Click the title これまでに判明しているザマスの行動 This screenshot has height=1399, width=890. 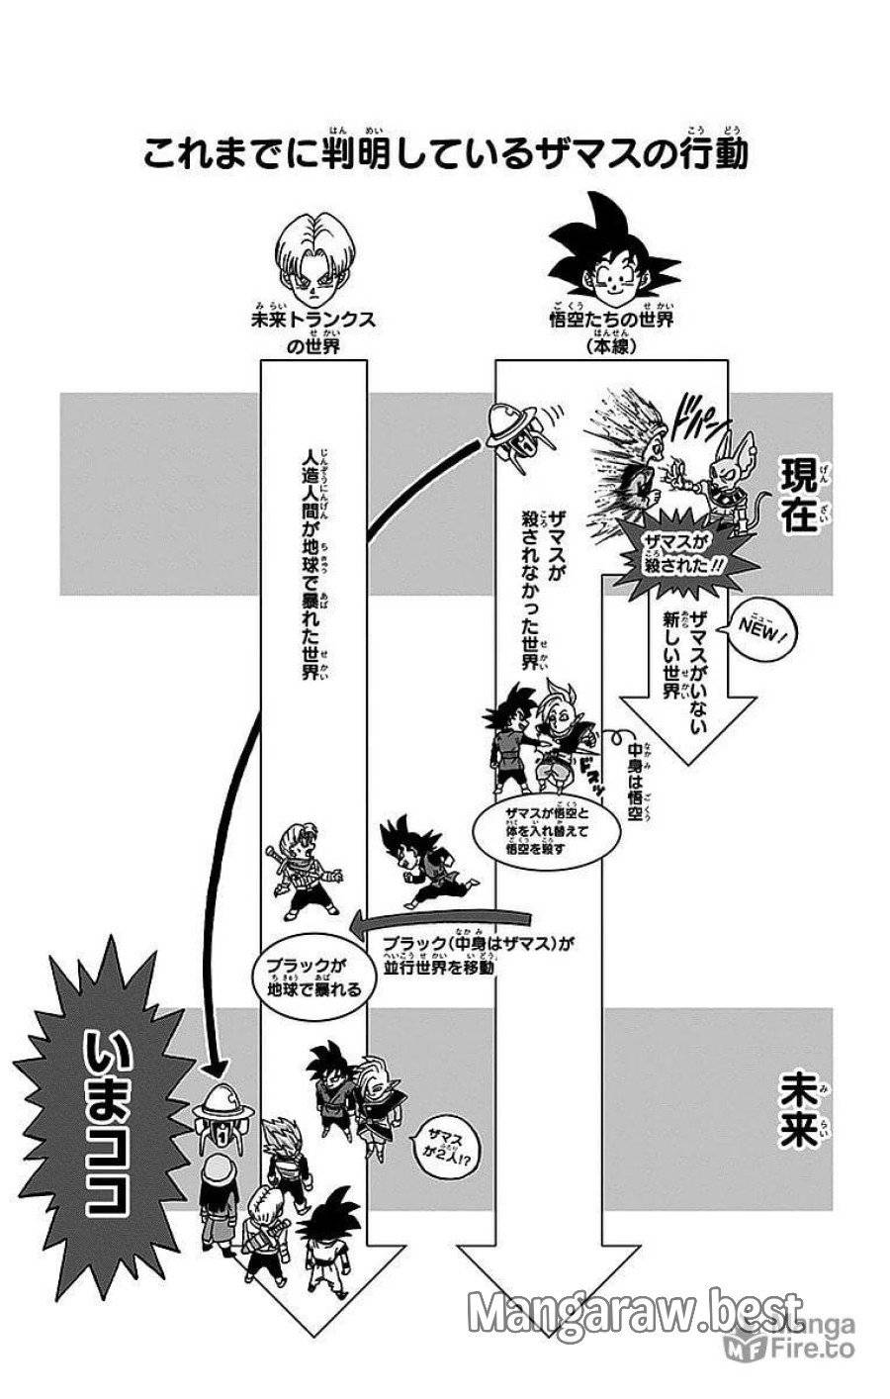tap(445, 154)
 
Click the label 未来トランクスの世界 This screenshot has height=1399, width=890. tap(314, 332)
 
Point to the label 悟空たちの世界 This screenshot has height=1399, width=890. tap(612, 323)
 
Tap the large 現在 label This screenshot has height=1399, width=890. tap(798, 496)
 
